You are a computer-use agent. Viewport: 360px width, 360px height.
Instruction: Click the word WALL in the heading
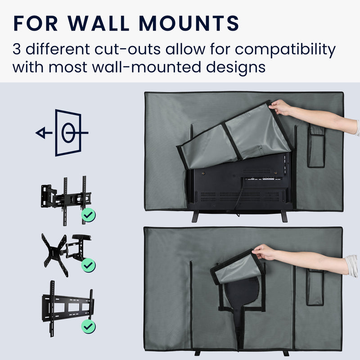[x=99, y=23]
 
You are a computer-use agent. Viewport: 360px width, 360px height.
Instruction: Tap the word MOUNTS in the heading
[x=189, y=23]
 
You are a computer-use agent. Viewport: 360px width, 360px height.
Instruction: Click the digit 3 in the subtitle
[x=17, y=49]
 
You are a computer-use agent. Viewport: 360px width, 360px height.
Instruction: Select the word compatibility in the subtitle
[x=285, y=50]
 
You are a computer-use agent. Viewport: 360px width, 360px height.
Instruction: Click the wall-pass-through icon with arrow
[x=62, y=133]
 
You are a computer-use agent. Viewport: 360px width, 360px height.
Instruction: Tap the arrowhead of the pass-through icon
[x=41, y=133]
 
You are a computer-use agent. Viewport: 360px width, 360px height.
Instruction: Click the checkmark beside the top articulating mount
[x=88, y=215]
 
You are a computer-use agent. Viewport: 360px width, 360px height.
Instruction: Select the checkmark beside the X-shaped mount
[x=88, y=265]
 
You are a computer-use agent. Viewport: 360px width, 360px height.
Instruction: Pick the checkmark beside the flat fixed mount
[x=88, y=326]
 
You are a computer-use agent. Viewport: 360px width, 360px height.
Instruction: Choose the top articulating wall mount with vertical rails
[x=66, y=200]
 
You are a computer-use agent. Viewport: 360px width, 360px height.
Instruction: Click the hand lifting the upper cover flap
[x=279, y=108]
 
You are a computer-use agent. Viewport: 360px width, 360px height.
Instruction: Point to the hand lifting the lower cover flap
[x=264, y=252]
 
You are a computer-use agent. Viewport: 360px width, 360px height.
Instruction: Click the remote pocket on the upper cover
[x=316, y=146]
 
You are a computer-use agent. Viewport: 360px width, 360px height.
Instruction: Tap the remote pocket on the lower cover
[x=315, y=287]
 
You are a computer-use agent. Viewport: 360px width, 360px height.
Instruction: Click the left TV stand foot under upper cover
[x=195, y=216]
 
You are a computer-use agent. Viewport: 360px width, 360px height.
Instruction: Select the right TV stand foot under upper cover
[x=284, y=216]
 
